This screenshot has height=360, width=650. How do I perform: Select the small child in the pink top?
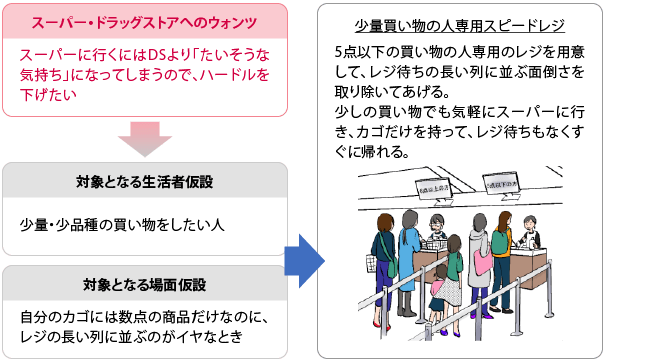(437, 296)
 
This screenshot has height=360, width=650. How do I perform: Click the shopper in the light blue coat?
(409, 265)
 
